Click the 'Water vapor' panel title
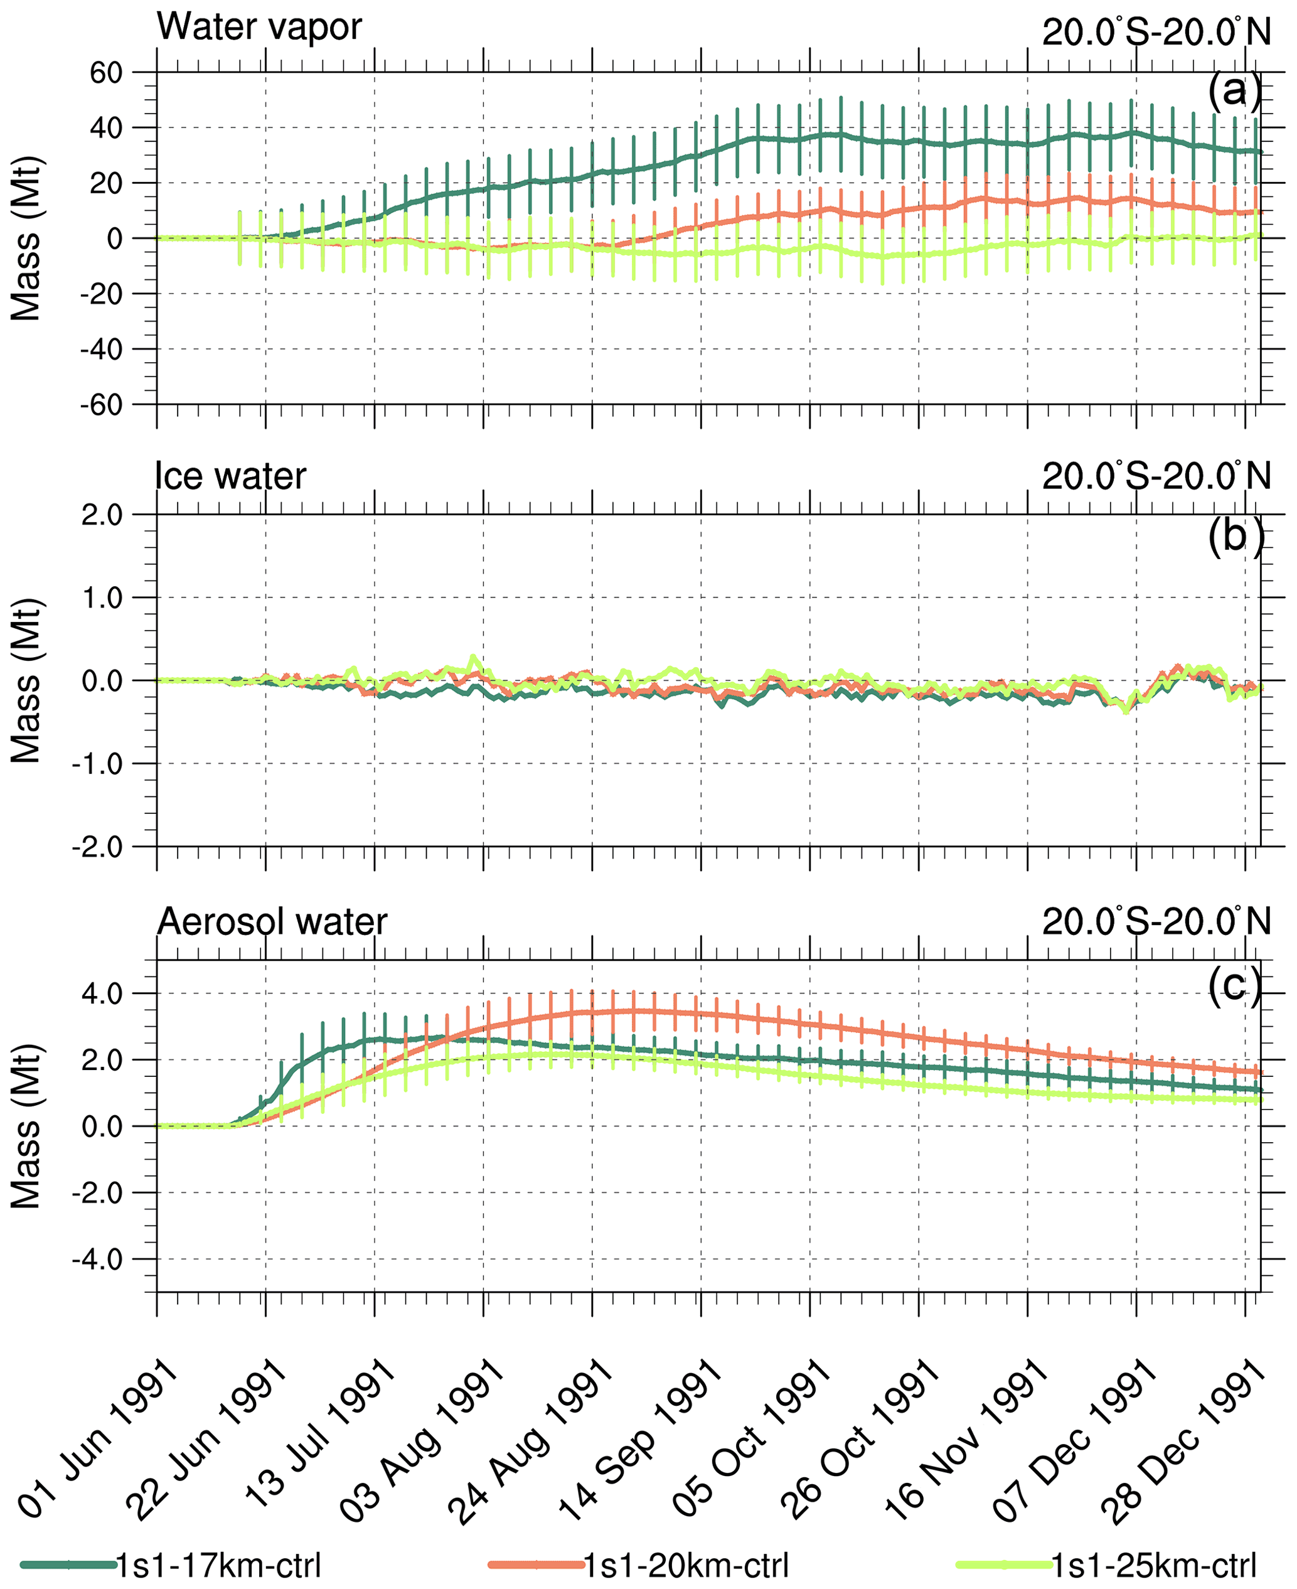[x=259, y=27]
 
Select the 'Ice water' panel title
[x=230, y=476]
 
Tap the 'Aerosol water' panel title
[x=272, y=921]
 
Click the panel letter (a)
[x=1234, y=91]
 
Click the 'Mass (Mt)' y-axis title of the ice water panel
[x=26, y=680]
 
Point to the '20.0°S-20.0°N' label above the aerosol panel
[x=1156, y=921]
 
